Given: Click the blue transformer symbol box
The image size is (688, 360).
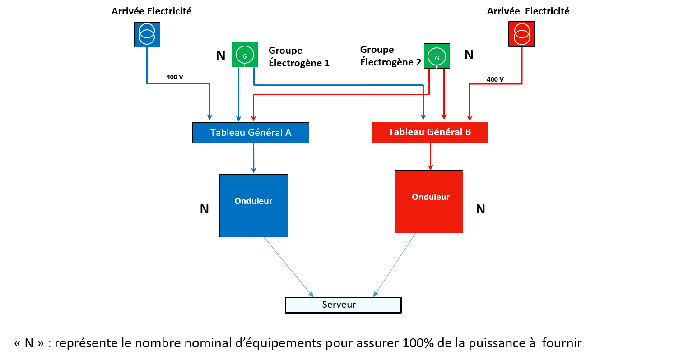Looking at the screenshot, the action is coord(147,35).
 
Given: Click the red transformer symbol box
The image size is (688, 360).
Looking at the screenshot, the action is coord(521,34).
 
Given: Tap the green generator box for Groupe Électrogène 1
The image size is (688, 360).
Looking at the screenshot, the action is coord(245,55).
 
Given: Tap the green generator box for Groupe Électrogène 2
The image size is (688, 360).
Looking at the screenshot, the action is coord(437,56).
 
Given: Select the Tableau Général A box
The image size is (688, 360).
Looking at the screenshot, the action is coord(251,133).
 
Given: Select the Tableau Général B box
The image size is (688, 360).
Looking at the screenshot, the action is coord(430,132).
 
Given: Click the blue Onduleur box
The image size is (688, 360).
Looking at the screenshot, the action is coord(254,206).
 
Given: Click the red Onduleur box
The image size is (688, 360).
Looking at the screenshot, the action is coord(429,202).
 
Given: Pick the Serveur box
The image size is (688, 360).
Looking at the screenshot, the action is coord(343,305).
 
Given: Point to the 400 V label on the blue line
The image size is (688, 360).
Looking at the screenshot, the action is coord(175,77).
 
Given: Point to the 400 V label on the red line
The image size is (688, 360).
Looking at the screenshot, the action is coord(495,79).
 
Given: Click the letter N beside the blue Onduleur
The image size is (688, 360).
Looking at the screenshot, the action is coord(204,209).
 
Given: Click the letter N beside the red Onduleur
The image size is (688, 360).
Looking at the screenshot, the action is coord(481,209).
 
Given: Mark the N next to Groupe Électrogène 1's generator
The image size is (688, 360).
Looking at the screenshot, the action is coord(221,55).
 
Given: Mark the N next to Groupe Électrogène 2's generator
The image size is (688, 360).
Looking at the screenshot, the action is coord(469,55).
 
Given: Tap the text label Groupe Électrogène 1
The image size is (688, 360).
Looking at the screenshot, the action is coord(299,57).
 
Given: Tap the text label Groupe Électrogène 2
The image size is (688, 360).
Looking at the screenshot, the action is coord(390,56).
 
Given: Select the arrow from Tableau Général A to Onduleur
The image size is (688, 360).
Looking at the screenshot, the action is coord(253,158).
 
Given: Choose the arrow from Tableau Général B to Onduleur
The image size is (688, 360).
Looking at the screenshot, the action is coord(430,156).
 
